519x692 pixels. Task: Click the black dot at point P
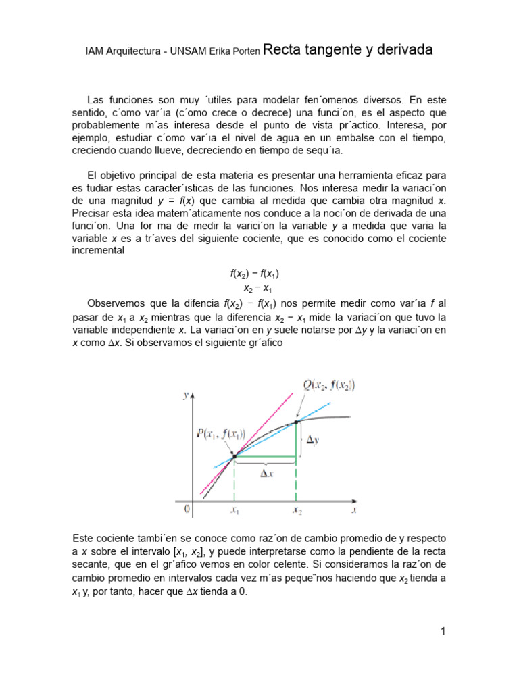click(x=234, y=458)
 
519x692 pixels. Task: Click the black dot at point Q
click(x=296, y=422)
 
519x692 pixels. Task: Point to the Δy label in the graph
click(x=314, y=440)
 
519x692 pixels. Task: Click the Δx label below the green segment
click(x=268, y=474)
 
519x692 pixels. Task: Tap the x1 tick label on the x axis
click(x=234, y=512)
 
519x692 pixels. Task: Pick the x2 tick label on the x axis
click(x=297, y=512)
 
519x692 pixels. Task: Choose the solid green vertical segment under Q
click(x=296, y=441)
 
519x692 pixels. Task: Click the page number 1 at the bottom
click(x=443, y=632)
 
